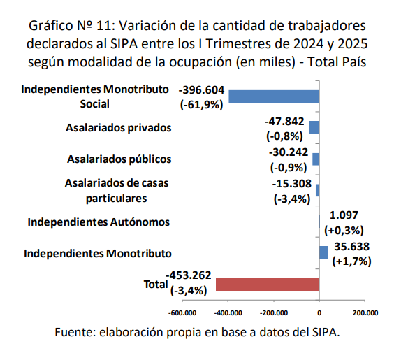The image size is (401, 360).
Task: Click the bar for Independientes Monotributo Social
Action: pyautogui.click(x=273, y=96)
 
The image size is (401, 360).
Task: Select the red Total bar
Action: pyautogui.click(x=268, y=284)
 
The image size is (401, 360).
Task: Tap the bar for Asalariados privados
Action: pyautogui.click(x=314, y=127)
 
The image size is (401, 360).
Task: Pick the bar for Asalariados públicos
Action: pyautogui.click(x=316, y=159)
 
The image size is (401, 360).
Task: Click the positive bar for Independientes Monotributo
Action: pyautogui.click(x=323, y=252)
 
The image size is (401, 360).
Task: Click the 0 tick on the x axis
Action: pyautogui.click(x=319, y=312)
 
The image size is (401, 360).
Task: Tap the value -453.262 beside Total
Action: pyautogui.click(x=189, y=275)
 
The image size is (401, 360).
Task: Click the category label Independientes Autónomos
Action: pyautogui.click(x=99, y=222)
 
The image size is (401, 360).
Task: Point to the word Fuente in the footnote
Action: pyautogui.click(x=75, y=332)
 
